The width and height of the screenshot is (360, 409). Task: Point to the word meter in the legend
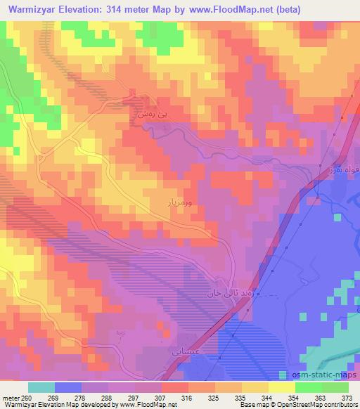point(13,398)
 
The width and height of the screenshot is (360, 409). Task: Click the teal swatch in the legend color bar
point(41,387)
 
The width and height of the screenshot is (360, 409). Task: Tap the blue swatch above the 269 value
point(68,387)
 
